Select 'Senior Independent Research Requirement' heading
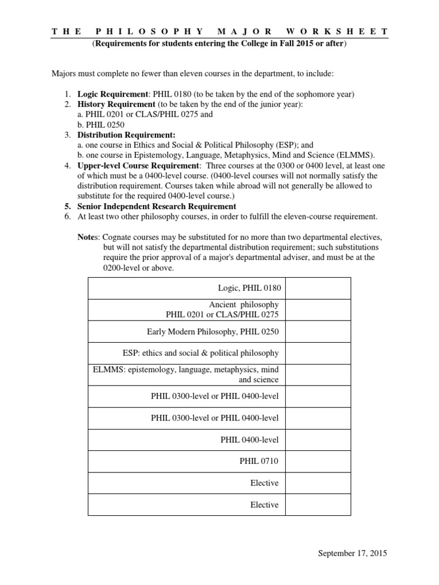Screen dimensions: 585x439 click(x=157, y=206)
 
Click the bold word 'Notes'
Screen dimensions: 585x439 click(x=89, y=237)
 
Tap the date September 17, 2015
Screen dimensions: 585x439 click(x=352, y=553)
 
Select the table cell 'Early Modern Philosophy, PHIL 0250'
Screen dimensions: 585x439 click(x=213, y=331)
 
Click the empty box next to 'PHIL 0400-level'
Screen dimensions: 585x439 click(x=318, y=439)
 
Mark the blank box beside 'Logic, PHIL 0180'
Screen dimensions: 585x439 click(x=318, y=288)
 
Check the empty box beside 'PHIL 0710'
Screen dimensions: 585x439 click(x=318, y=461)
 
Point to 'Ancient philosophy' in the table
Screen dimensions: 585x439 click(x=244, y=304)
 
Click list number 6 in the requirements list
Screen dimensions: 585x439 click(x=67, y=217)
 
